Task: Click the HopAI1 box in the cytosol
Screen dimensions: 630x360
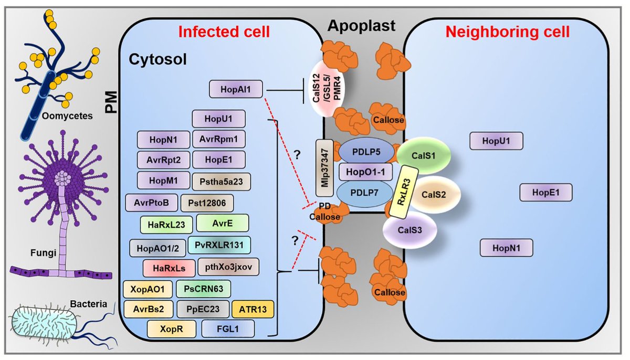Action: point(236,89)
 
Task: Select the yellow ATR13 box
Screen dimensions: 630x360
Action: point(253,310)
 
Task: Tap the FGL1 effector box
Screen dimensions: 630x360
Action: point(228,329)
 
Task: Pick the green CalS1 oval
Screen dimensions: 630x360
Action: point(424,156)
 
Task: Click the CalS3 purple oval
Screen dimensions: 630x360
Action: point(410,230)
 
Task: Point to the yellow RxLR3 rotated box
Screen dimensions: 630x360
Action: point(404,192)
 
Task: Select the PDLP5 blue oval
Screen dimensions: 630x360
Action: point(366,152)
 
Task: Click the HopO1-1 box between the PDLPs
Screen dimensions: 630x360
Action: point(365,172)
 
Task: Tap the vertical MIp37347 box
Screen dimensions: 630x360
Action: point(324,168)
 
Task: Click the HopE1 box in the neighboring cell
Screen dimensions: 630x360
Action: point(546,193)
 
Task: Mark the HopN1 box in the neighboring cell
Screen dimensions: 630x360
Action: point(506,248)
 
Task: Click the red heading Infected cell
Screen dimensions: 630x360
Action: point(224,32)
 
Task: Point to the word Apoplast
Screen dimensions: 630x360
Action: point(361,26)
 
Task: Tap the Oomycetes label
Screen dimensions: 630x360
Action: point(67,116)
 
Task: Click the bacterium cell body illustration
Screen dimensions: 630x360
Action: point(43,323)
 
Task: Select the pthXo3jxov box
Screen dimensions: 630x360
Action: point(228,267)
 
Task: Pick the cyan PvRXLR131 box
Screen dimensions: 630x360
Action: point(219,245)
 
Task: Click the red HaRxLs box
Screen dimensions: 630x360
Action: point(169,268)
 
